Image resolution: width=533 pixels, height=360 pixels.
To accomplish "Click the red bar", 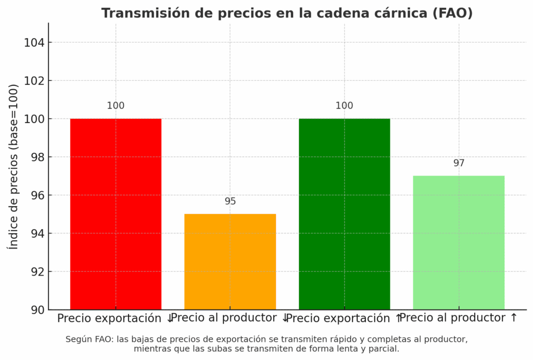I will click(116, 214).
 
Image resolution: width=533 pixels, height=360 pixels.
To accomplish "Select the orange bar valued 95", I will click(230, 262).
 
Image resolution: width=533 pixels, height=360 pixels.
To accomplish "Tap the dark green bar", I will click(344, 214).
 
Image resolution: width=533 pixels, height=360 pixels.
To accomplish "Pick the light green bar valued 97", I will click(459, 242).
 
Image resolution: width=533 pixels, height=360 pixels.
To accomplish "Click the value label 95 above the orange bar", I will click(230, 201).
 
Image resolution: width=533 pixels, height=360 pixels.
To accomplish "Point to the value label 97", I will click(459, 163).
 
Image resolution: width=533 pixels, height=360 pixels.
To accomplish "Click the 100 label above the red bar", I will click(116, 106).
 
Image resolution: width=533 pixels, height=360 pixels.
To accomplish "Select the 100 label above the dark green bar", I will click(344, 106).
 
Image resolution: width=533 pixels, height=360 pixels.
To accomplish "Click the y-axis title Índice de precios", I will click(14, 166).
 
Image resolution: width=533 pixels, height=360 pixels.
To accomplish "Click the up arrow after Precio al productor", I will click(514, 317).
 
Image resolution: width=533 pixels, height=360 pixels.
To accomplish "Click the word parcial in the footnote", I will click(384, 349).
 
